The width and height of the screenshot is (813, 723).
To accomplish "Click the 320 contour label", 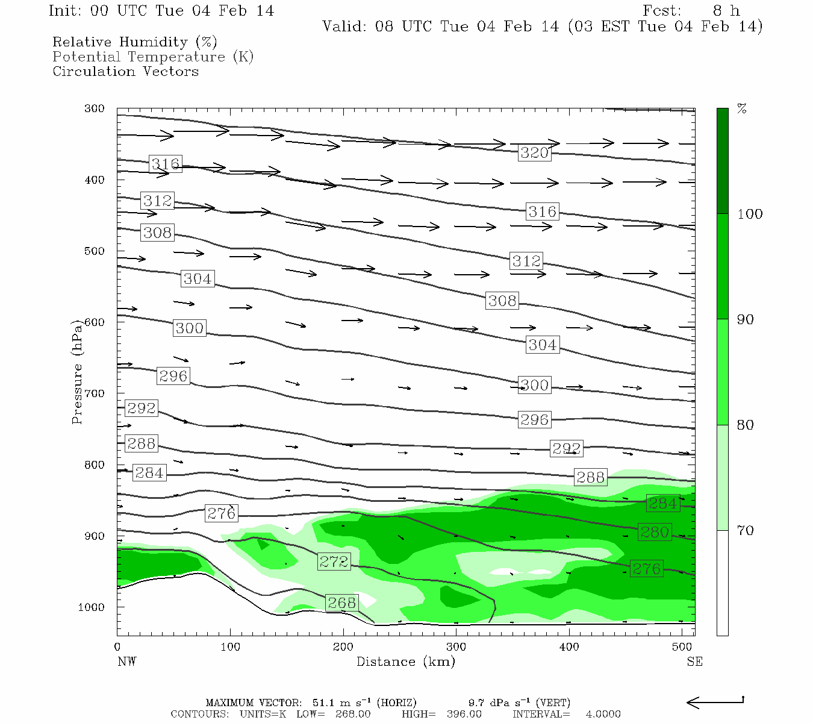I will (534, 152).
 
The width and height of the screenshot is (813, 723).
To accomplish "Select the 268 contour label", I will (341, 602).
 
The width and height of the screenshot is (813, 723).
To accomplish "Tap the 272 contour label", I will (334, 562).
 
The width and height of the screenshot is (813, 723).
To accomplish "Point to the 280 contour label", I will (655, 532).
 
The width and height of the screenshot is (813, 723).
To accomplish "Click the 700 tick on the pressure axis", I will (94, 393).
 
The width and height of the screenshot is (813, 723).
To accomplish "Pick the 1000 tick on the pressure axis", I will (91, 607).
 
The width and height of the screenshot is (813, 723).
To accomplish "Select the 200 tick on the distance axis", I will (343, 647).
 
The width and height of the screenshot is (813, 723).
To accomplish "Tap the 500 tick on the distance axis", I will (682, 647).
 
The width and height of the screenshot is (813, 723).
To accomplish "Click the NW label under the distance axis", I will (126, 662).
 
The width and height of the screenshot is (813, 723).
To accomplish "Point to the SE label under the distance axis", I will (694, 662).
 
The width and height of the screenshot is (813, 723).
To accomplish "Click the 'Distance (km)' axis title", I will (405, 662).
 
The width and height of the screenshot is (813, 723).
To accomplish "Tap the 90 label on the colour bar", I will (746, 319).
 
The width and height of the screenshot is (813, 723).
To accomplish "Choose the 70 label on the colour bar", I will (746, 530).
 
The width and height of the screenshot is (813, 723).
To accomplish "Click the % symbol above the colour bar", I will (742, 109).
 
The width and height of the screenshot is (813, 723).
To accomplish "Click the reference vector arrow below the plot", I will (715, 701).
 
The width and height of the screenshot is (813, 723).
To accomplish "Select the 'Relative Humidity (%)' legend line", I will (134, 42).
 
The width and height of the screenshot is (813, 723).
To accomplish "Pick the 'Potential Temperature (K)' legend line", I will (153, 57).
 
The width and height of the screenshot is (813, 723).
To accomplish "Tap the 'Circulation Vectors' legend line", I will (125, 71).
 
